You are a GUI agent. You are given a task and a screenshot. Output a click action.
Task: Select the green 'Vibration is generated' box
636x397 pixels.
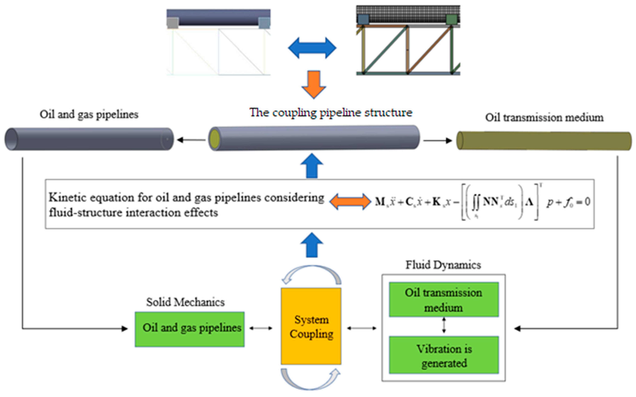pyautogui.click(x=444, y=355)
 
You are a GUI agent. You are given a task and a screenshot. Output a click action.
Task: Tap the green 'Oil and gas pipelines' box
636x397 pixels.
pyautogui.click(x=190, y=329)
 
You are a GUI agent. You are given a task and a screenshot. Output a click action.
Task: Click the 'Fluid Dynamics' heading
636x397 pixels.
pyautogui.click(x=443, y=265)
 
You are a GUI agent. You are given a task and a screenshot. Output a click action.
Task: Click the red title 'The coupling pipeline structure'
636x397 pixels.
pyautogui.click(x=330, y=113)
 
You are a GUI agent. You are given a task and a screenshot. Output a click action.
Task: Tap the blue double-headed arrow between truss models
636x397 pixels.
pyautogui.click(x=312, y=48)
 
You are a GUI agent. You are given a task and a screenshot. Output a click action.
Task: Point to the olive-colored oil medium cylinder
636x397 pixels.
pyautogui.click(x=544, y=141)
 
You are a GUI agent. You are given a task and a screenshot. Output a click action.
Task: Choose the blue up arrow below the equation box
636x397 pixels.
pyautogui.click(x=312, y=245)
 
